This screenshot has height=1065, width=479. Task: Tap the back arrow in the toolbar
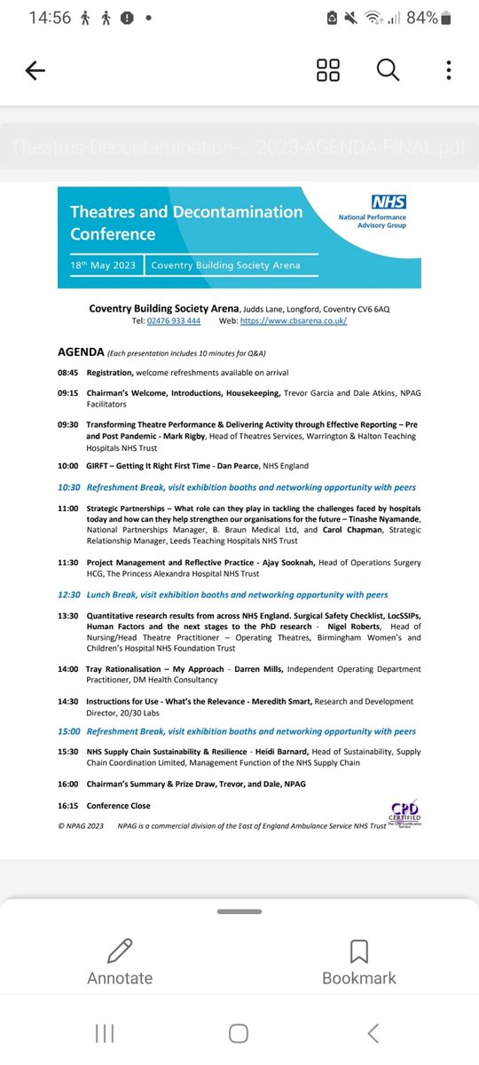[x=35, y=72]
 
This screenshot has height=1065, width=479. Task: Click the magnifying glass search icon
[x=388, y=71]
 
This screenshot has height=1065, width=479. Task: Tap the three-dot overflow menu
[x=450, y=71]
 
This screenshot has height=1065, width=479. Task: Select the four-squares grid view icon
[x=328, y=71]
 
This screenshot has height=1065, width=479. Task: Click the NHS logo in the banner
[x=389, y=202]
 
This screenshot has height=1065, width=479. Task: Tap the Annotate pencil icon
[x=120, y=951]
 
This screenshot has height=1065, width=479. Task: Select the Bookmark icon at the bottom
[x=358, y=951]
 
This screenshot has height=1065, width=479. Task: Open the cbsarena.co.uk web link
[x=299, y=320]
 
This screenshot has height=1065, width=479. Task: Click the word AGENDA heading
[x=81, y=351]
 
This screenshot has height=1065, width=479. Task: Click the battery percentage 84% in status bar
[x=421, y=18]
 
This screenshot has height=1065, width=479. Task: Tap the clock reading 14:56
[x=50, y=18]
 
